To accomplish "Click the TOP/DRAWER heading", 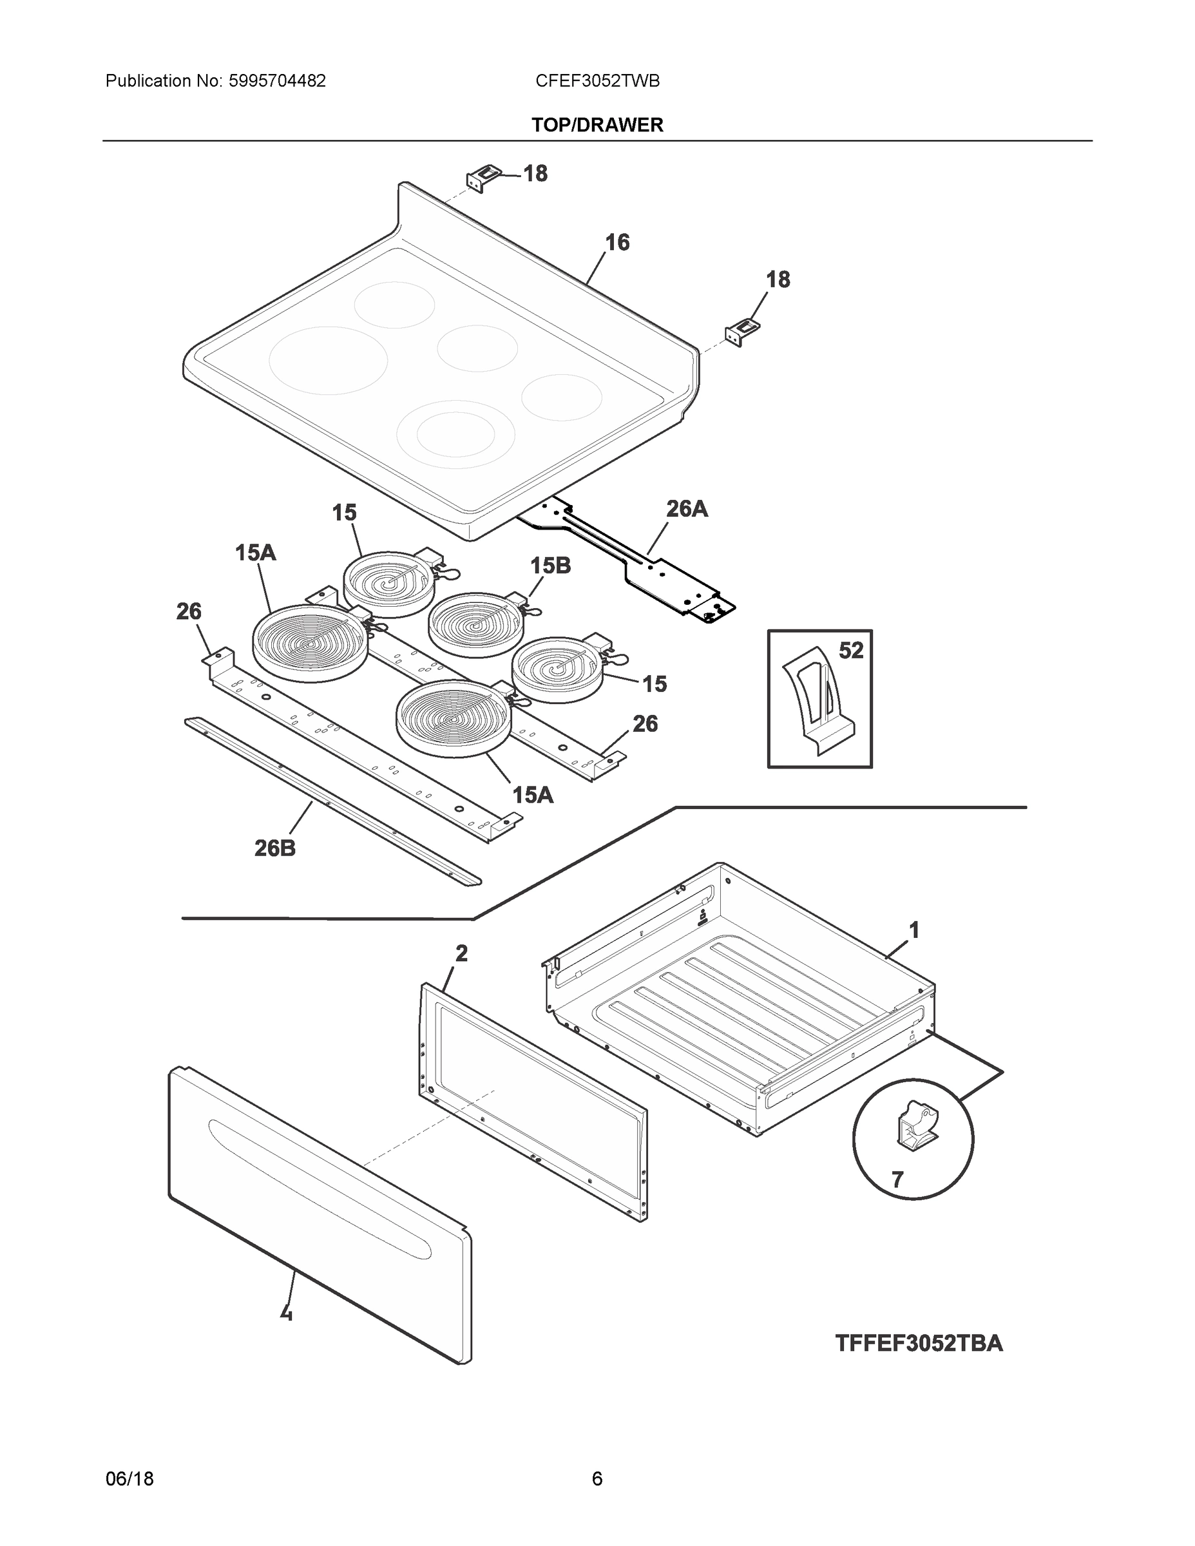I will tap(597, 126).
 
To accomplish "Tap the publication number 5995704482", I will tap(277, 81).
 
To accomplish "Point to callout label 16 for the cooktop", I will tap(617, 243).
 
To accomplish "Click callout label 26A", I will tap(686, 508).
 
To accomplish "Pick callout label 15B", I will tap(550, 566).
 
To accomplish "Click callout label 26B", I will tap(274, 847).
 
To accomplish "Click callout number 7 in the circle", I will tap(897, 1179).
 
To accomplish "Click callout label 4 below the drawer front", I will tap(286, 1313).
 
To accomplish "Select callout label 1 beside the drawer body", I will tap(914, 930).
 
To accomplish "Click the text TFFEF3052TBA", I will tap(918, 1343).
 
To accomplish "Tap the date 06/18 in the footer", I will tap(129, 1479).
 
